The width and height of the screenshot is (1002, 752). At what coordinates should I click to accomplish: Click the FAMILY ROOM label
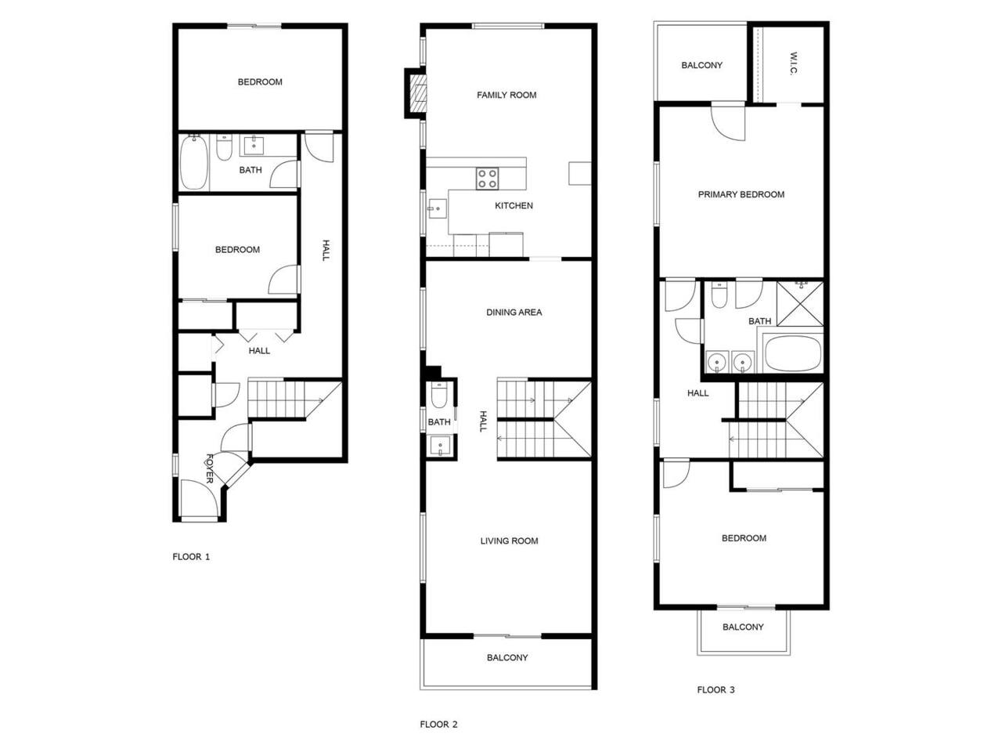pyautogui.click(x=506, y=95)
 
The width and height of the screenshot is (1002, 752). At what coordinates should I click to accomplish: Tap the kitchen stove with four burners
pyautogui.click(x=487, y=179)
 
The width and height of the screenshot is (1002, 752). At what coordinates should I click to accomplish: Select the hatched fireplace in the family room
pyautogui.click(x=418, y=93)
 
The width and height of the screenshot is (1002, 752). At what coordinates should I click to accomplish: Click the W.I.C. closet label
pyautogui.click(x=793, y=63)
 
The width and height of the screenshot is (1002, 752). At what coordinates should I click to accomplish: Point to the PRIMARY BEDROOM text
pyautogui.click(x=741, y=194)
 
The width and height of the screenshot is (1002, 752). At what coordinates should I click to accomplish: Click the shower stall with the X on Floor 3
pyautogui.click(x=800, y=304)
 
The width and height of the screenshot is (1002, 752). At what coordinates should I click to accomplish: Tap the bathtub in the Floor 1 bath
pyautogui.click(x=194, y=162)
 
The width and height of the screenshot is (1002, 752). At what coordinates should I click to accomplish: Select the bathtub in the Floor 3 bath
pyautogui.click(x=793, y=353)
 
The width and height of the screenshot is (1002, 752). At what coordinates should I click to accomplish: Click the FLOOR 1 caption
pyautogui.click(x=191, y=557)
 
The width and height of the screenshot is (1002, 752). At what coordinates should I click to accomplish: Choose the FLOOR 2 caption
pyautogui.click(x=438, y=724)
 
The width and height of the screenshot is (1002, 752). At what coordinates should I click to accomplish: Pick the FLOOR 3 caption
pyautogui.click(x=715, y=690)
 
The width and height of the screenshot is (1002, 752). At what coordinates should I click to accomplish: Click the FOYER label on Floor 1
pyautogui.click(x=210, y=468)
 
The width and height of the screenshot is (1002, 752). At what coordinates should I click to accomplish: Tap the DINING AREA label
pyautogui.click(x=514, y=313)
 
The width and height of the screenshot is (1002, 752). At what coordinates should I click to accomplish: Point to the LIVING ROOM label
pyautogui.click(x=509, y=541)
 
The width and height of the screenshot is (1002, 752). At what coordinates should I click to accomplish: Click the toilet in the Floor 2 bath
pyautogui.click(x=439, y=395)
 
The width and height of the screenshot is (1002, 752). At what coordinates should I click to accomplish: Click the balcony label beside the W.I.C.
pyautogui.click(x=701, y=65)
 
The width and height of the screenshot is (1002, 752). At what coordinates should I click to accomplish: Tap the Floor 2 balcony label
pyautogui.click(x=507, y=657)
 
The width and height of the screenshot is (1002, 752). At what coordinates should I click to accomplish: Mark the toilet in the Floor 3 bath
pyautogui.click(x=719, y=295)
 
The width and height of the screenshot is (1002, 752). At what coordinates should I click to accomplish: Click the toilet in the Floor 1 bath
pyautogui.click(x=224, y=148)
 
